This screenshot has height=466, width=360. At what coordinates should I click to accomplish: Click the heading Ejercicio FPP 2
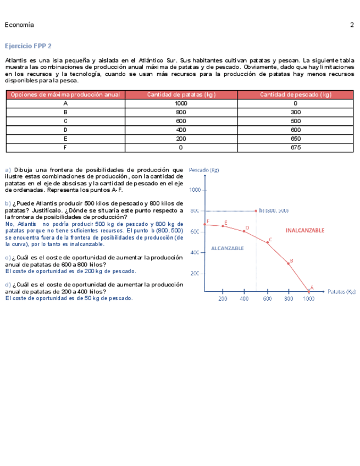click(28, 46)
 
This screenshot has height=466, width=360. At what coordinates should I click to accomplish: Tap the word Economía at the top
click(19, 25)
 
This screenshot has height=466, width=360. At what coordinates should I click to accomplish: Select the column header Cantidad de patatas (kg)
click(181, 95)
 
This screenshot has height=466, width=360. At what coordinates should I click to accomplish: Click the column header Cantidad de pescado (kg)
click(296, 95)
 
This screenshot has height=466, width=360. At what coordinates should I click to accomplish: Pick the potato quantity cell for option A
click(181, 103)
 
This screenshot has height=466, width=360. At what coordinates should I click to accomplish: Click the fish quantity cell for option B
click(296, 112)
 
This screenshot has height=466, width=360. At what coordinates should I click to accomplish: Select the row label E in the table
click(65, 139)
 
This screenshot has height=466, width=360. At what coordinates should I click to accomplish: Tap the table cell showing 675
click(296, 148)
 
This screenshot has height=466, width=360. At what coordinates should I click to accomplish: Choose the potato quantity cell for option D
click(181, 130)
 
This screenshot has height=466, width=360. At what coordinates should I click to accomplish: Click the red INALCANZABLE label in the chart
click(305, 230)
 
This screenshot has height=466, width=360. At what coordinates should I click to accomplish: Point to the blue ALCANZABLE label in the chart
click(228, 248)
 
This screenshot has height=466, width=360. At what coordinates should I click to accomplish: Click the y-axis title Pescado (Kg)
click(204, 170)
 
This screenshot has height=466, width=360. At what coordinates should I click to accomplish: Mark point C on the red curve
click(268, 242)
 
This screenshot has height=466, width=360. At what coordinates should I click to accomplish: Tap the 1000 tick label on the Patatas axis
click(309, 299)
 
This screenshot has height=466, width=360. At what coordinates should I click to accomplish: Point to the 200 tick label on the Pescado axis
click(195, 273)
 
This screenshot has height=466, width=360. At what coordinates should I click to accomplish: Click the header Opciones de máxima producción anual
click(65, 95)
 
